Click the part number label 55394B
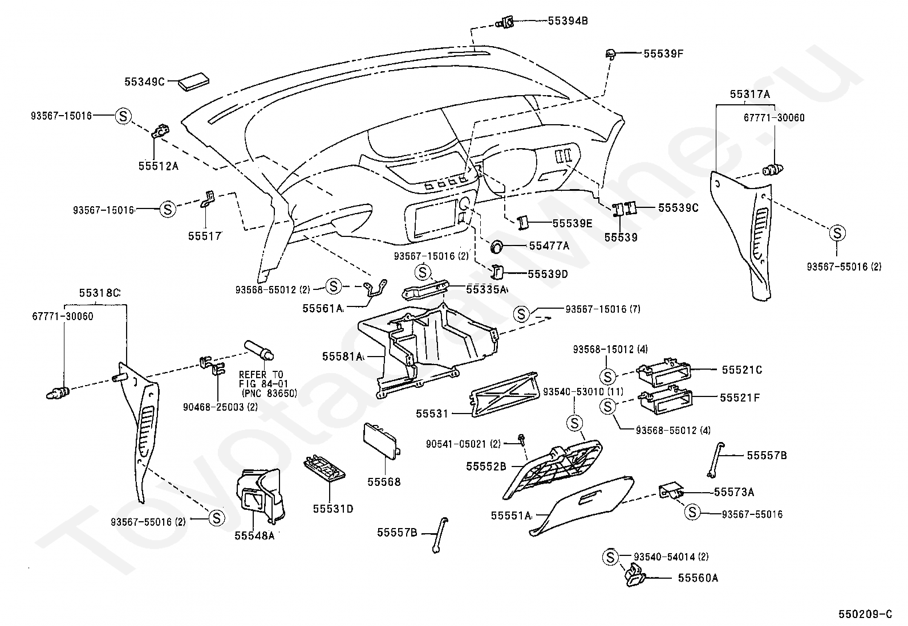tap(567, 21)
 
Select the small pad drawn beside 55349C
tap(194, 82)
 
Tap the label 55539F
tap(663, 54)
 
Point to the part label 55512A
tap(158, 166)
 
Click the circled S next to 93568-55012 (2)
tap(333, 287)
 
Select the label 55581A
tap(343, 357)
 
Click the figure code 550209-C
tap(865, 614)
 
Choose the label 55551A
tap(511, 515)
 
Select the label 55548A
tap(254, 535)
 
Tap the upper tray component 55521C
tap(663, 372)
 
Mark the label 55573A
tap(733, 492)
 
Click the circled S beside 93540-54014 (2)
tap(610, 557)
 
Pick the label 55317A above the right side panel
tap(749, 94)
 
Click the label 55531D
tap(333, 509)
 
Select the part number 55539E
tap(573, 223)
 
